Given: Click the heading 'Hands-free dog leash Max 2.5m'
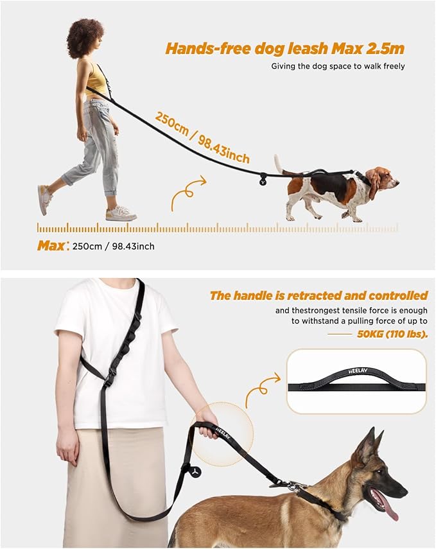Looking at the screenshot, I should coord(284,48).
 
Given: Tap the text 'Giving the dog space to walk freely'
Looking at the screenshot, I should coord(338,66).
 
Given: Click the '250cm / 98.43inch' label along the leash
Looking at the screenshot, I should coord(202,137).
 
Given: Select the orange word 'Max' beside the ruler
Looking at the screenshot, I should coord(51,245).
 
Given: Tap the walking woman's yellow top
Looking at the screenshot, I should coord(96,81).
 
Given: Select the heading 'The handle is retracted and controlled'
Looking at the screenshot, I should coord(318,296).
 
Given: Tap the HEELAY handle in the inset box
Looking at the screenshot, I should coord(356,379).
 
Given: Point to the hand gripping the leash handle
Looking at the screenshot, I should coord(207,428).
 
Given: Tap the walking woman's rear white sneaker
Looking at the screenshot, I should coord(45,199).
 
